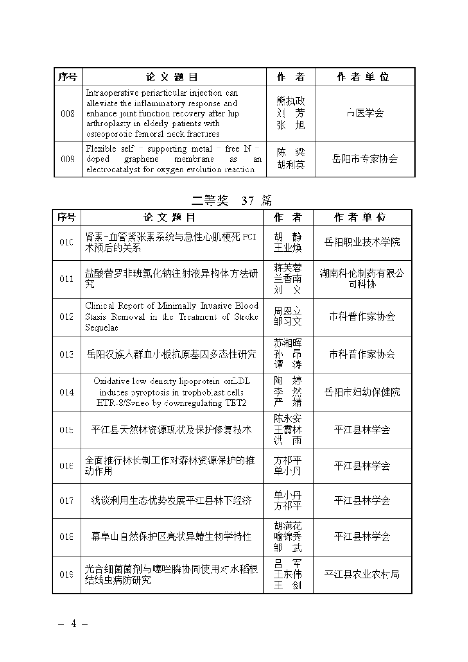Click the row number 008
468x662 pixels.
pyautogui.click(x=68, y=113)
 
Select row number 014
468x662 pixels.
pyautogui.click(x=66, y=392)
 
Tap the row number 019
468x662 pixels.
pyautogui.click(x=66, y=574)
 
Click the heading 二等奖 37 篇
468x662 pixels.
pyautogui.click(x=232, y=200)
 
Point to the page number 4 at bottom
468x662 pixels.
pyautogui.click(x=73, y=624)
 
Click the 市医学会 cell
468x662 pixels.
pyautogui.click(x=365, y=113)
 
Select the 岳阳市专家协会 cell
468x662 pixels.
pyautogui.click(x=365, y=159)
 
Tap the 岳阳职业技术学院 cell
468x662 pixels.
pyautogui.click(x=362, y=243)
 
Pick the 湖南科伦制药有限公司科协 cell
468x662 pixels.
pyautogui.click(x=362, y=279)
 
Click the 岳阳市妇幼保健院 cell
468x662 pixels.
pyautogui.click(x=362, y=392)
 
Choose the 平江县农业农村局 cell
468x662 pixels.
pyautogui.click(x=362, y=574)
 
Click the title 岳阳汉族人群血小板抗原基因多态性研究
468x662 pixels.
pyautogui.click(x=172, y=354)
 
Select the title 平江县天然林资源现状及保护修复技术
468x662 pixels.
pyautogui.click(x=172, y=430)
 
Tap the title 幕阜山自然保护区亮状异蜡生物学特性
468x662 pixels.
pyautogui.click(x=172, y=537)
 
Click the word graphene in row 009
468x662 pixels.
pyautogui.click(x=141, y=159)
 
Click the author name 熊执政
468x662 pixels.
pyautogui.click(x=291, y=101)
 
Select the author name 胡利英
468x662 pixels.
pyautogui.click(x=291, y=165)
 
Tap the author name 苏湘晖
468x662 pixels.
pyautogui.click(x=288, y=343)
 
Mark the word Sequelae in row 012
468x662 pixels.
pyautogui.click(x=102, y=328)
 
